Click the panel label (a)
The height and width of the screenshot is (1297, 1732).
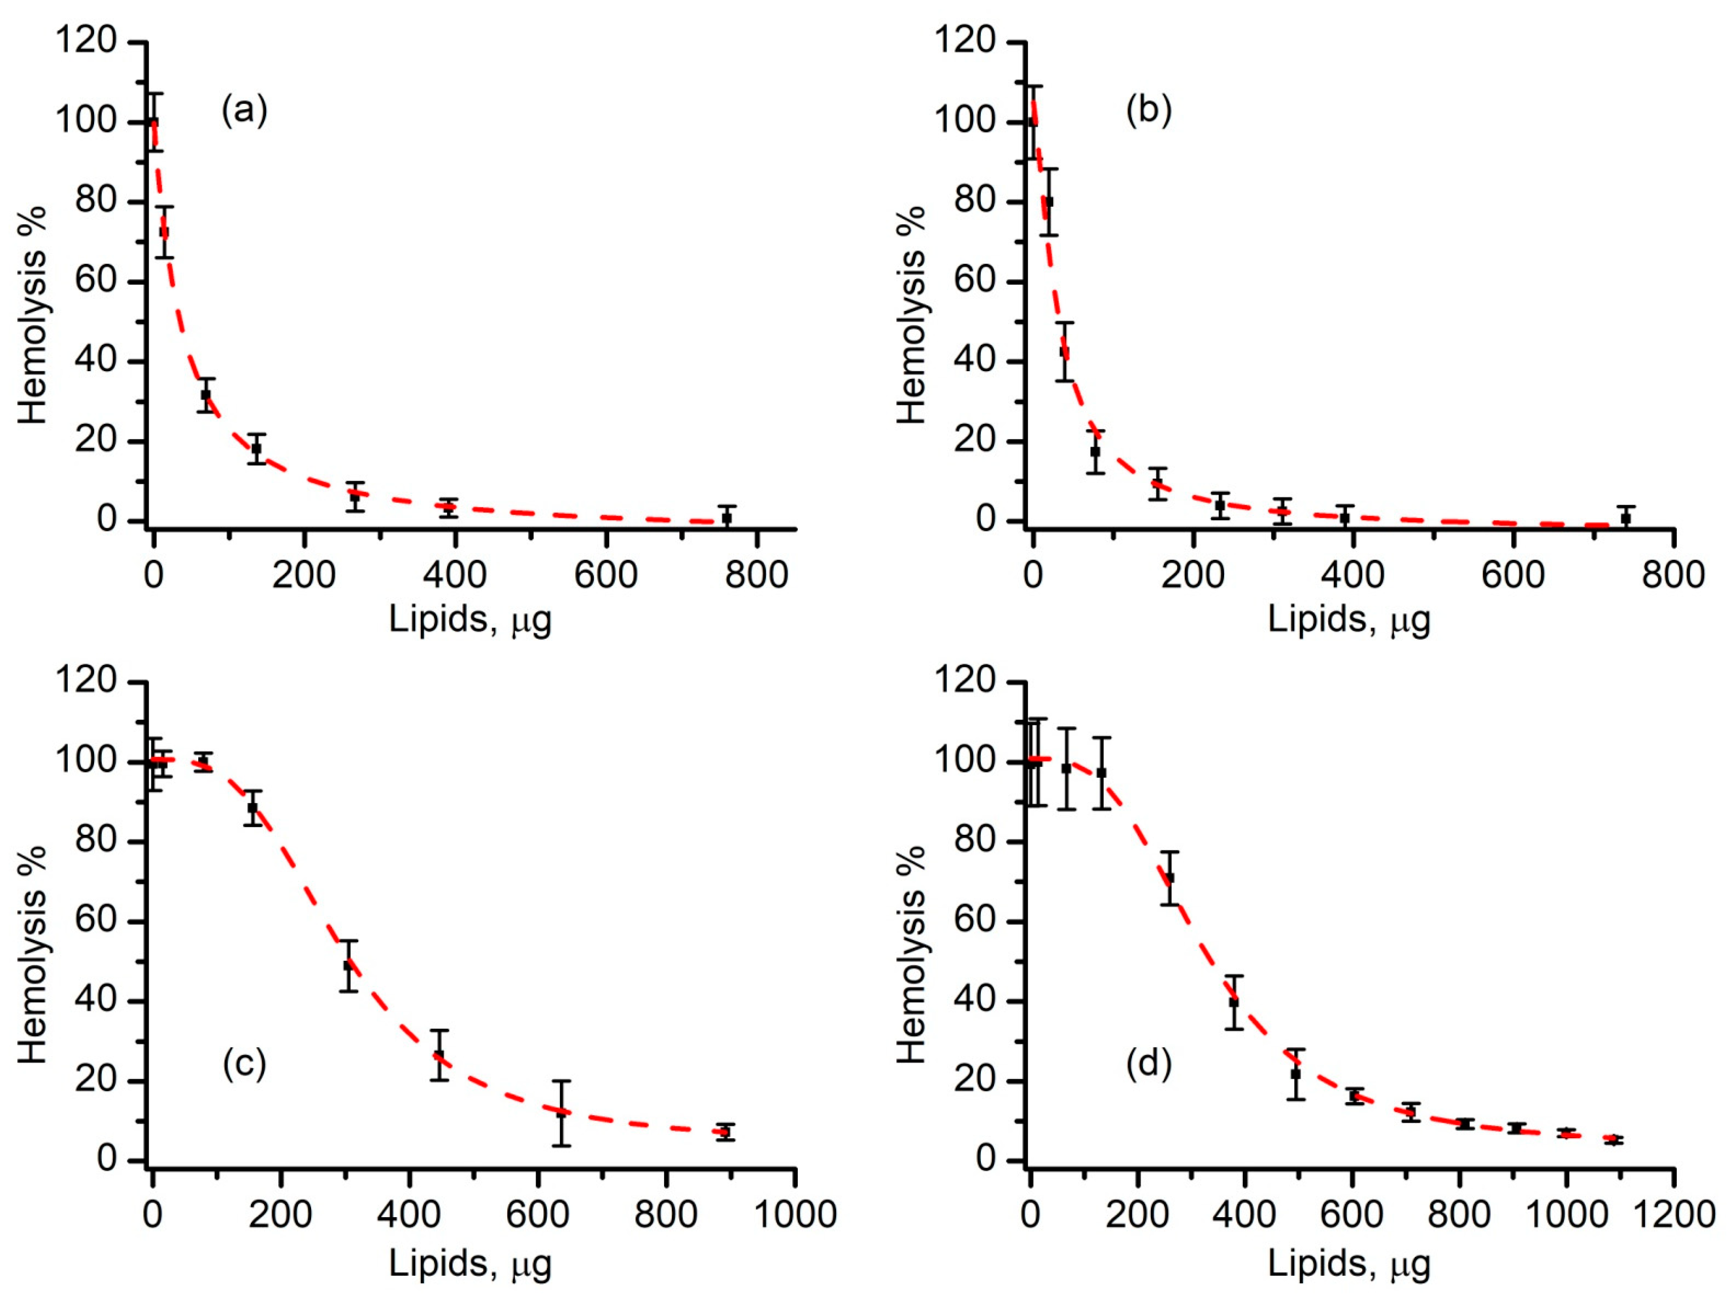[244, 111]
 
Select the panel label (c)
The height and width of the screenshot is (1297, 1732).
[244, 1064]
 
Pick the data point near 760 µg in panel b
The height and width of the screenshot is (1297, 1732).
[1625, 517]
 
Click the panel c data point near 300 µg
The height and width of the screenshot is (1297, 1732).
[349, 966]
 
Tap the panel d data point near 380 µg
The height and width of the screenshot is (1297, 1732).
[1234, 1002]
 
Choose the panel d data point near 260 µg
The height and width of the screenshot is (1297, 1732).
[1170, 877]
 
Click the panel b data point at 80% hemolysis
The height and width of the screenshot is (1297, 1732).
[1049, 201]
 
